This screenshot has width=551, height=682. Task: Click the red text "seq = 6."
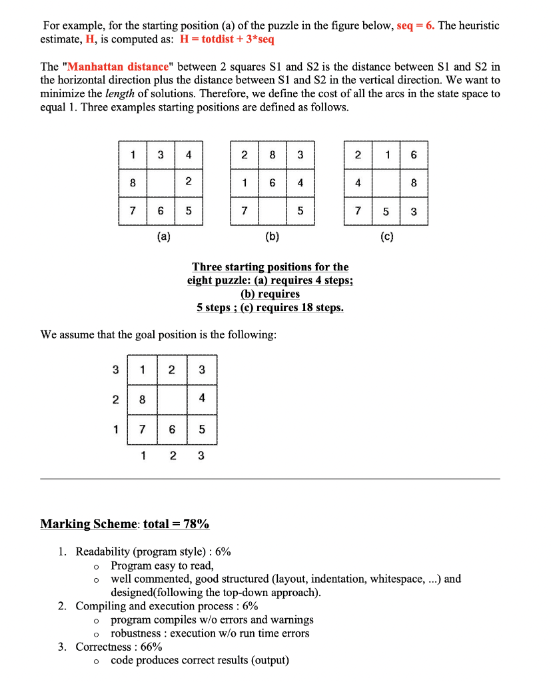416,25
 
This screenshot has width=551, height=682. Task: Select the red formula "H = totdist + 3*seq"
227,39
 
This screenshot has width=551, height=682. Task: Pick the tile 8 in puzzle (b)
273,156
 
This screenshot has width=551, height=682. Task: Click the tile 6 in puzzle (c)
414,156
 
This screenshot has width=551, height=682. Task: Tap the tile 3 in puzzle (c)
414,211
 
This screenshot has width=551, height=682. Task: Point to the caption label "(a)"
163,236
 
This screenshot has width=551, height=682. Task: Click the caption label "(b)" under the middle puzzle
273,236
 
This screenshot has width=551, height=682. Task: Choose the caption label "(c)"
387,236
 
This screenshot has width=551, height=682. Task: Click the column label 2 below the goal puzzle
173,456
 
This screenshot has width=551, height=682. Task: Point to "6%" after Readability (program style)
223,551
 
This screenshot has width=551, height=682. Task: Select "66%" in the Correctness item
151,647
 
